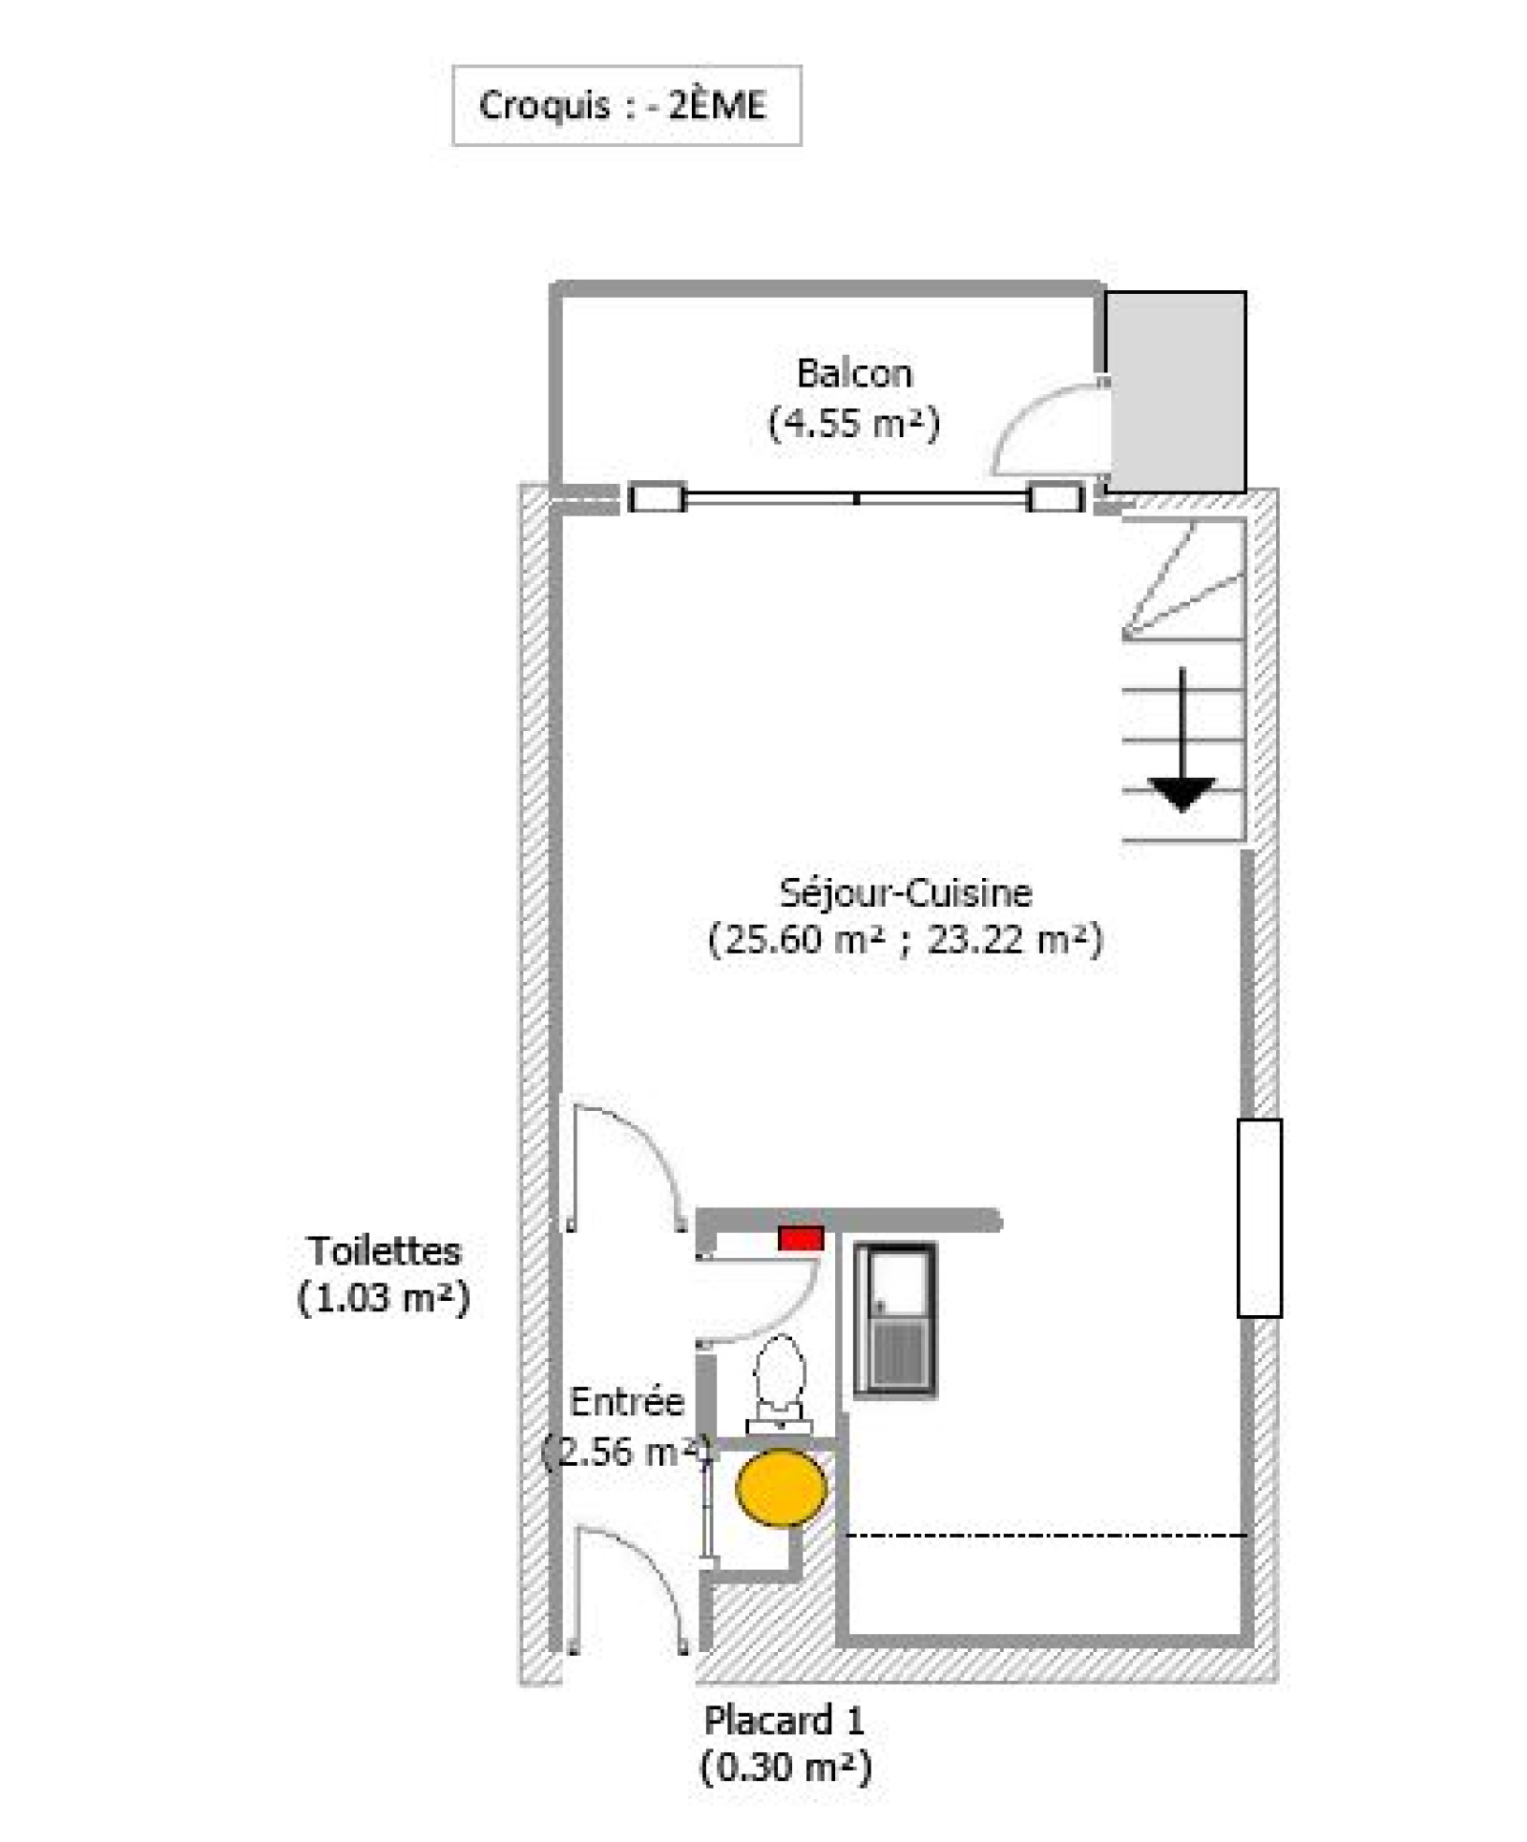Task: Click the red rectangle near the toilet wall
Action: pyautogui.click(x=800, y=1239)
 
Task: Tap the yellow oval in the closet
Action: pyautogui.click(x=781, y=1487)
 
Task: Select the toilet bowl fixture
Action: pyautogui.click(x=779, y=1384)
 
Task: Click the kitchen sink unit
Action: pyautogui.click(x=894, y=1321)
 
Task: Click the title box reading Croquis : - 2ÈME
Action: pyautogui.click(x=626, y=105)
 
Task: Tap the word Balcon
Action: pyautogui.click(x=854, y=373)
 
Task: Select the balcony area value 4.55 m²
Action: pyautogui.click(x=854, y=422)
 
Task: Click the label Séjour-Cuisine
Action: pyautogui.click(x=906, y=893)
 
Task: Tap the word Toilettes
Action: pyautogui.click(x=384, y=1250)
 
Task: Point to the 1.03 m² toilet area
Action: pyautogui.click(x=384, y=1298)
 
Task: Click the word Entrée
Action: pyautogui.click(x=627, y=1402)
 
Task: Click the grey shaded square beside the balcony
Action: pyautogui.click(x=1176, y=391)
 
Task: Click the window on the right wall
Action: pyautogui.click(x=1259, y=1218)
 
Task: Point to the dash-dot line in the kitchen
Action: pyautogui.click(x=1047, y=1536)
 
